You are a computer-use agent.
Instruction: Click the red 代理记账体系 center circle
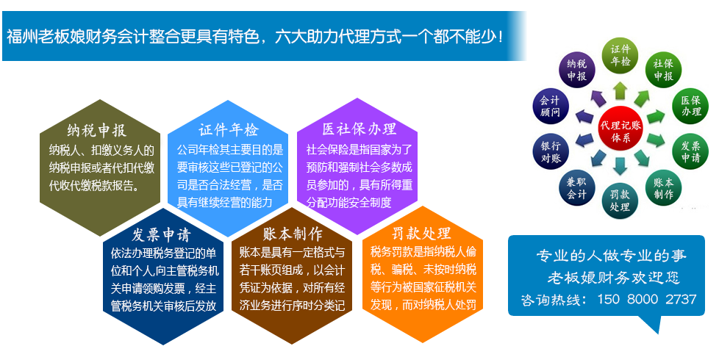click(x=620, y=131)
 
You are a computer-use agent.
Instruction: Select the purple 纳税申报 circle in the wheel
click(x=577, y=70)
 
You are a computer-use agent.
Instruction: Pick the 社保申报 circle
click(x=663, y=70)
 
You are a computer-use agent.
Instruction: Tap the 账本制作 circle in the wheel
click(x=663, y=188)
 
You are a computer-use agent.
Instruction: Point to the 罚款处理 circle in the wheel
click(x=620, y=201)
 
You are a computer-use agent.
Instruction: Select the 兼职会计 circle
click(x=577, y=188)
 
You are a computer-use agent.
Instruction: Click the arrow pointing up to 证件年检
click(x=620, y=90)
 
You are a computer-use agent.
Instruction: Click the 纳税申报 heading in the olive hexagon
click(x=96, y=131)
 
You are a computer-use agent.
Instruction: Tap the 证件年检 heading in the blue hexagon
click(x=229, y=130)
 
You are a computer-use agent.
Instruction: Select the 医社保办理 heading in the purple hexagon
click(x=359, y=129)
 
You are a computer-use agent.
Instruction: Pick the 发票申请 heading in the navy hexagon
click(x=161, y=235)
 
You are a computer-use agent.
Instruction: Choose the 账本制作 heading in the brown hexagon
click(x=293, y=234)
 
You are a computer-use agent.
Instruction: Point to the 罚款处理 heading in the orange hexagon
click(x=421, y=233)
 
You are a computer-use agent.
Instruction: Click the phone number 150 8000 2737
click(x=646, y=299)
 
